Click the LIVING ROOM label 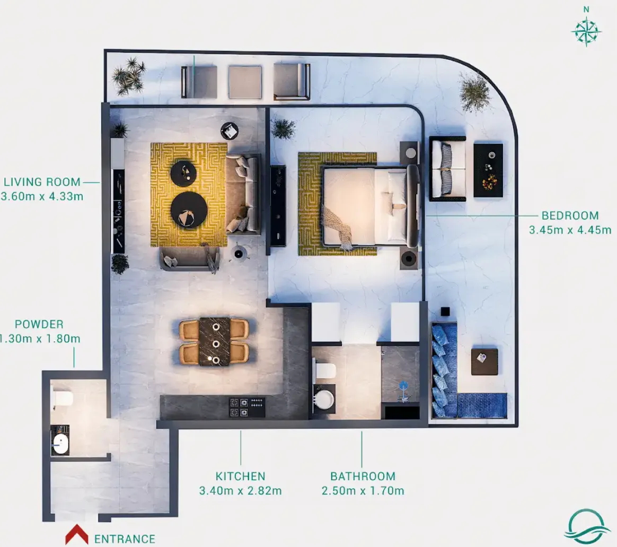click(42, 182)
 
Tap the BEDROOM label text click(570, 215)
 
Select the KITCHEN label click(241, 476)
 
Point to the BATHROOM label click(363, 476)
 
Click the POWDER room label click(39, 324)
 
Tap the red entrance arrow click(77, 534)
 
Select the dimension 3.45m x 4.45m click(570, 230)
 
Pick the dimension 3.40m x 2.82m click(241, 491)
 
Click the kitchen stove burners click(248, 407)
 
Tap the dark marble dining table click(215, 342)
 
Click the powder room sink click(60, 444)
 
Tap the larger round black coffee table click(189, 210)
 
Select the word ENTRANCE click(125, 539)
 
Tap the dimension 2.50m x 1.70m click(363, 491)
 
